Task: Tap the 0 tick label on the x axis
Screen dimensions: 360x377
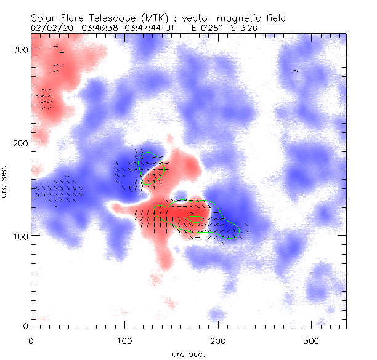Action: pyautogui.click(x=31, y=340)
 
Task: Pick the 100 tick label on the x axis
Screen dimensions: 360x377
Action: pyautogui.click(x=124, y=340)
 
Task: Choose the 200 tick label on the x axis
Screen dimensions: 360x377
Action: pyautogui.click(x=217, y=340)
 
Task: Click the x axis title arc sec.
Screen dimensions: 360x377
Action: pyautogui.click(x=188, y=354)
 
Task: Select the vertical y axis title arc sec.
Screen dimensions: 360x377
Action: pyautogui.click(x=5, y=182)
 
